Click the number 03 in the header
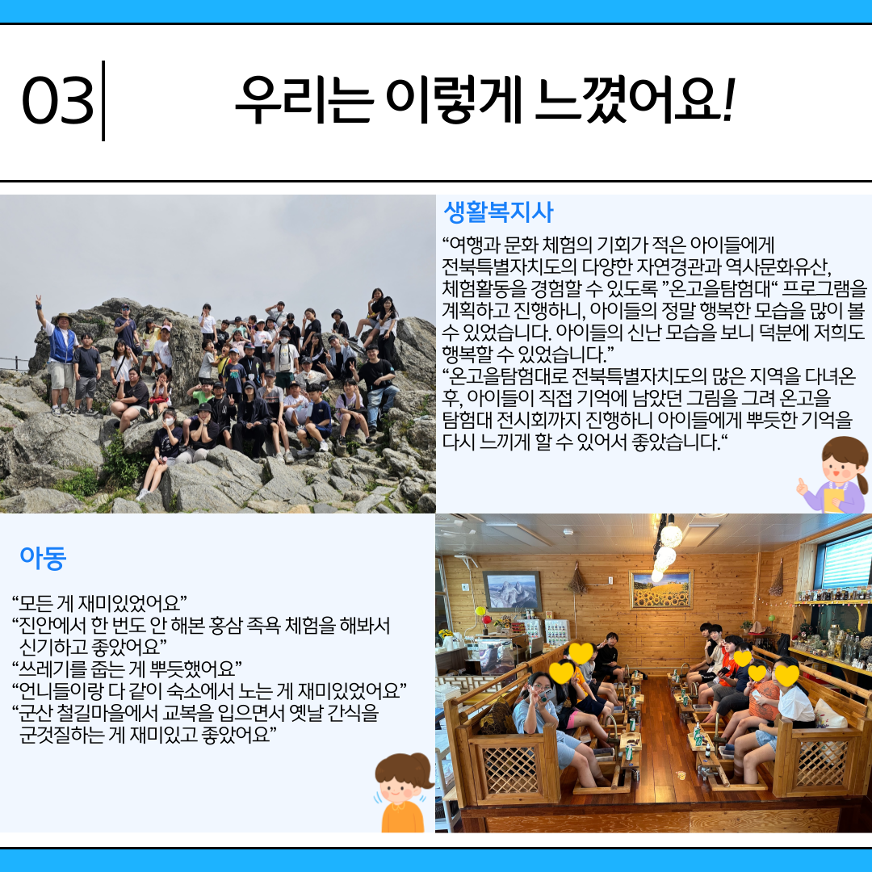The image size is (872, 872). [x=57, y=101]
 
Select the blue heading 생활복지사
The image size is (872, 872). [x=498, y=212]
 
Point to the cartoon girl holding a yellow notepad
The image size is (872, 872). [x=833, y=476]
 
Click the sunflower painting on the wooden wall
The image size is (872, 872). [x=661, y=589]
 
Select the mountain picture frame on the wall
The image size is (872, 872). [x=512, y=591]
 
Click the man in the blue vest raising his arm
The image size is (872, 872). [x=60, y=356]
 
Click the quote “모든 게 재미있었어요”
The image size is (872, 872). [x=99, y=603]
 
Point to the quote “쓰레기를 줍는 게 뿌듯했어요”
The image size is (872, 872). [x=127, y=669]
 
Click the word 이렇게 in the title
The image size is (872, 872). [x=454, y=99]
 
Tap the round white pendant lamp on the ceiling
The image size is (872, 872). [x=671, y=535]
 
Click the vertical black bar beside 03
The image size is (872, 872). [x=103, y=101]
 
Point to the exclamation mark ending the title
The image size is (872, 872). [x=728, y=99]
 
